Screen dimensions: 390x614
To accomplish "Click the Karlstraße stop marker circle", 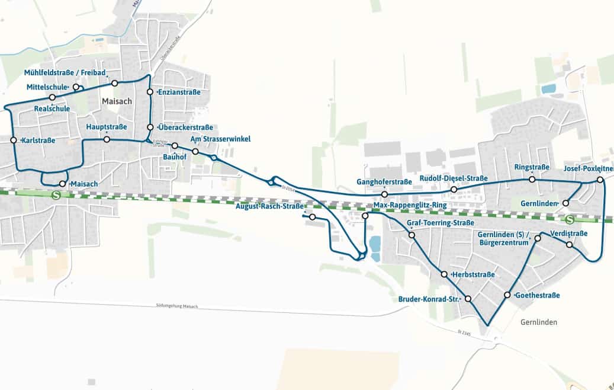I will coord(13,140).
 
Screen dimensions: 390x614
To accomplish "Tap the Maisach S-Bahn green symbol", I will coord(57,194).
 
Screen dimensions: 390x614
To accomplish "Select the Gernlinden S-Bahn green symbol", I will coord(570,219).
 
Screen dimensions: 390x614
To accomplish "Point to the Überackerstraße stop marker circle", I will coord(150,127).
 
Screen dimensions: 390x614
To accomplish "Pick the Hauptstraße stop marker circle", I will coord(107,139).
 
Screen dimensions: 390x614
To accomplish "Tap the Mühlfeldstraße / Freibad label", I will coord(65,73).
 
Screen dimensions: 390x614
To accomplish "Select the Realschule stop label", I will coord(52,108).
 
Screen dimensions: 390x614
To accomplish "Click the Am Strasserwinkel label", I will coord(220,139).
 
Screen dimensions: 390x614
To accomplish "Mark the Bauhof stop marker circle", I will coord(175,145).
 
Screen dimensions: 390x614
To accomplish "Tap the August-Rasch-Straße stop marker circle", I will coord(313,217).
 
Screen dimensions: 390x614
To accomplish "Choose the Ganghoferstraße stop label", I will coord(384,181).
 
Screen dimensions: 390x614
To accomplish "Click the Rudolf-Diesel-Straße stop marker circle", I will coord(454,190).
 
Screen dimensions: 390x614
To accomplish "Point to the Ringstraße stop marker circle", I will coord(532,179).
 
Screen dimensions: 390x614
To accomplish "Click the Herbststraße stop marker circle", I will coord(444,274).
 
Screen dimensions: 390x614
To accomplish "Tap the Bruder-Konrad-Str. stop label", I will coord(429,299).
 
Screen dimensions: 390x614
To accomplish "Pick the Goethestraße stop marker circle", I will coord(507,295).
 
